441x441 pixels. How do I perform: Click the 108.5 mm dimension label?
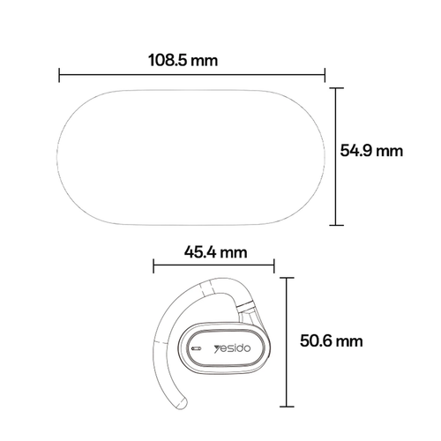tap(183, 60)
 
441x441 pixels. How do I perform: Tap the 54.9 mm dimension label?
tap(371, 151)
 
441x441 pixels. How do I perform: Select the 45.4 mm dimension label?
tap(215, 252)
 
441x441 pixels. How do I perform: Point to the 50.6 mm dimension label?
tap(331, 340)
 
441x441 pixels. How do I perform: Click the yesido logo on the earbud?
tap(232, 348)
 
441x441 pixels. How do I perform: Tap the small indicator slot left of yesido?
tap(196, 348)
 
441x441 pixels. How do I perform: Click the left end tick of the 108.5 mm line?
tap(59, 75)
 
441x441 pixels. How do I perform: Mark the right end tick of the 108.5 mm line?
tap(325, 75)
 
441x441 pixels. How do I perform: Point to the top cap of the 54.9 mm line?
tap(337, 88)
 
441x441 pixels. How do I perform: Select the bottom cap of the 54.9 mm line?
tap(337, 225)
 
